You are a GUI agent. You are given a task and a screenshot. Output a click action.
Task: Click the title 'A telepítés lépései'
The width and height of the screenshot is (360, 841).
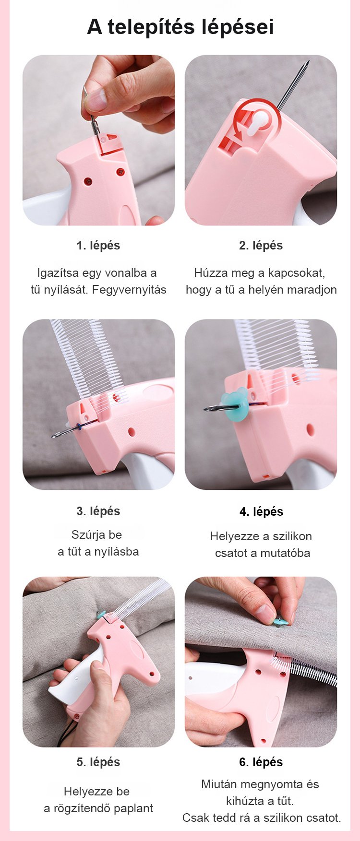pyautogui.click(x=180, y=27)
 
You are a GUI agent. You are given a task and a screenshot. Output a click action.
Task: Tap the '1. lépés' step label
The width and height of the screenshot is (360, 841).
pyautogui.click(x=98, y=245)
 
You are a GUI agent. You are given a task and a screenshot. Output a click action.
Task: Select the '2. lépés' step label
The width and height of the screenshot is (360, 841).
pyautogui.click(x=261, y=245)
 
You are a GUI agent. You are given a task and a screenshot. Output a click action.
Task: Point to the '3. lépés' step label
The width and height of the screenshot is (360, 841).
pyautogui.click(x=98, y=511)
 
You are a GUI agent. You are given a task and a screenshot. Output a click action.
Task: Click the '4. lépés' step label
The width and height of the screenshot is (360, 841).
pyautogui.click(x=261, y=511)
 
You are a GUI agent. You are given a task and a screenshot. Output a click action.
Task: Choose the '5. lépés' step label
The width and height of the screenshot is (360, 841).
pyautogui.click(x=98, y=762)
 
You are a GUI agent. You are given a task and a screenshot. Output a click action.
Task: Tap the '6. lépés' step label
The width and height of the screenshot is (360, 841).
pyautogui.click(x=261, y=762)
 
